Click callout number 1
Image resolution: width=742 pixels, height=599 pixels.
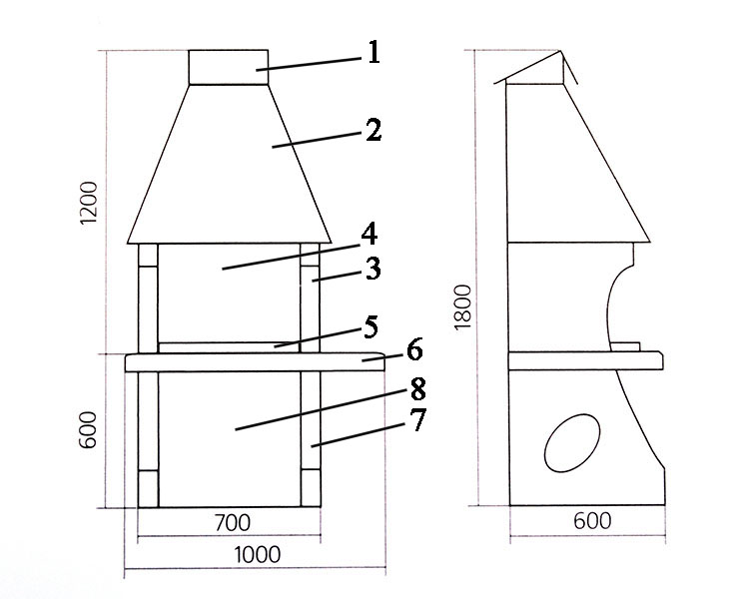pyautogui.click(x=373, y=52)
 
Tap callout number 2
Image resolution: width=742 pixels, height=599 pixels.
pyautogui.click(x=373, y=130)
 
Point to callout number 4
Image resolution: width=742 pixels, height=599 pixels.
pyautogui.click(x=370, y=235)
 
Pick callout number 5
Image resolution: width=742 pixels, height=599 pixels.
pyautogui.click(x=371, y=326)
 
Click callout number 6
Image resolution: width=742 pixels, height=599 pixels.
pyautogui.click(x=414, y=350)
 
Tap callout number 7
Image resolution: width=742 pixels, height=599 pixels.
pyautogui.click(x=417, y=419)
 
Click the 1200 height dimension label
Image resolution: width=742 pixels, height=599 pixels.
pyautogui.click(x=89, y=202)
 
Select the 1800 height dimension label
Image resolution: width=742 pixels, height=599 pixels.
pyautogui.click(x=463, y=307)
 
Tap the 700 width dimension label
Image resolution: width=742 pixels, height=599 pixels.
pyautogui.click(x=233, y=523)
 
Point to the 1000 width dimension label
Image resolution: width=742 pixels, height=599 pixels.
pyautogui.click(x=258, y=555)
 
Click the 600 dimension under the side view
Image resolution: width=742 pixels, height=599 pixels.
pyautogui.click(x=592, y=521)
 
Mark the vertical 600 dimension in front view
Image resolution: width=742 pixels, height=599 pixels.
pyautogui.click(x=88, y=430)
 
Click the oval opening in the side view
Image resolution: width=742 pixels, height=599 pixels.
pyautogui.click(x=572, y=443)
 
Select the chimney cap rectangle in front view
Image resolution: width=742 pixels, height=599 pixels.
pyautogui.click(x=229, y=67)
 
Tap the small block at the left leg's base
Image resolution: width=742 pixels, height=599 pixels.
pyautogui.click(x=148, y=489)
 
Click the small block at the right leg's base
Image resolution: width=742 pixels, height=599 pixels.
pyautogui.click(x=311, y=488)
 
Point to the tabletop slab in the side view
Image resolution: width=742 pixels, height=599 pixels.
pyautogui.click(x=586, y=360)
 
